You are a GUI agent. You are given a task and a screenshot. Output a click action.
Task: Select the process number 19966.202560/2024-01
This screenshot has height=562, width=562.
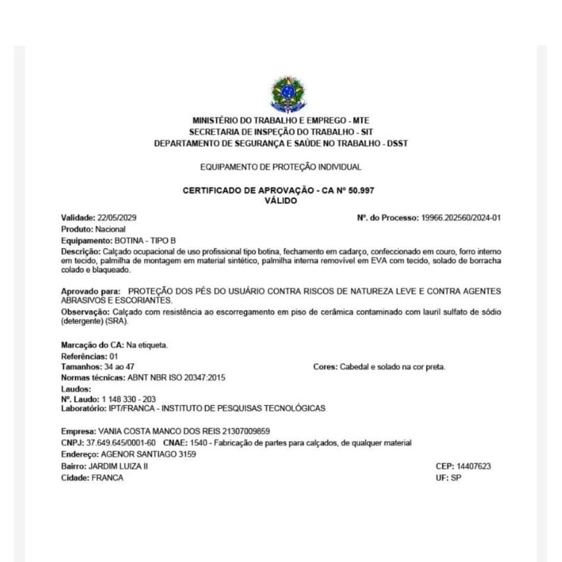[x=461, y=218]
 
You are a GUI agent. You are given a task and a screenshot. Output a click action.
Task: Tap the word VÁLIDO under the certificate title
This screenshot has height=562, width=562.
[x=281, y=200]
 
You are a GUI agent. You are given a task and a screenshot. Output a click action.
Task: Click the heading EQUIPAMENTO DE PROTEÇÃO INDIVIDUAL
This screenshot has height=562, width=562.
[x=281, y=167]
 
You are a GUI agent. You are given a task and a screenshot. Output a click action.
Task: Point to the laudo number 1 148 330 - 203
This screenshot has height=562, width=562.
[x=129, y=399]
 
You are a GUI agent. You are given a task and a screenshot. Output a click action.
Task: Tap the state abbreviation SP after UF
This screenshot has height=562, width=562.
[x=455, y=478]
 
